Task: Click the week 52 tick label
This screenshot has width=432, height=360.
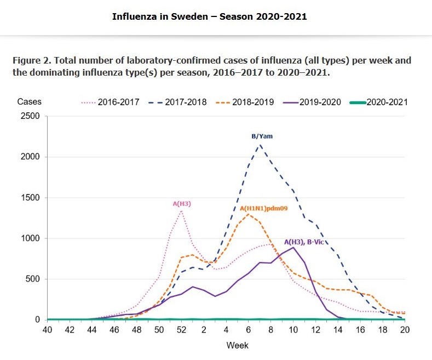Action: point(182,330)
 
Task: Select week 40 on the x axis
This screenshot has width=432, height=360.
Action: point(47,330)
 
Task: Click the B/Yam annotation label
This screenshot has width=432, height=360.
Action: point(262,136)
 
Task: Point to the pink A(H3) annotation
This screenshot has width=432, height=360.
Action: point(182,204)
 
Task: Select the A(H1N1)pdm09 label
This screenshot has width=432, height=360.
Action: point(264,209)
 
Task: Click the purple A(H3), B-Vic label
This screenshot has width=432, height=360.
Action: point(309,242)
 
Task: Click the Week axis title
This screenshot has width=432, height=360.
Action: point(238,345)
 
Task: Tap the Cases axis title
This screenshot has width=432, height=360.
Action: point(29,102)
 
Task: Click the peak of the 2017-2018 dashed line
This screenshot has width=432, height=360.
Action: point(260,145)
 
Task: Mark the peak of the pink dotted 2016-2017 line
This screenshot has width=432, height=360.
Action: point(181,211)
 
